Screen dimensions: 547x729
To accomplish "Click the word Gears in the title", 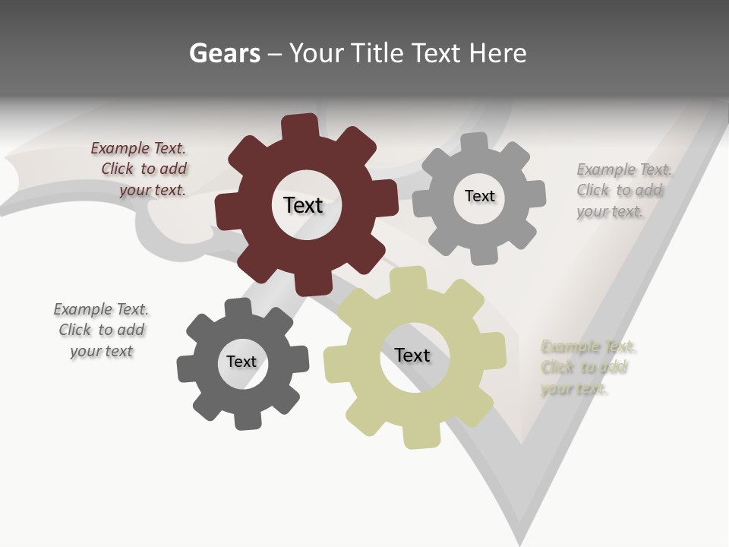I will tap(224, 54).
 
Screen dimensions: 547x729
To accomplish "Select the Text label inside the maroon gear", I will tap(303, 205).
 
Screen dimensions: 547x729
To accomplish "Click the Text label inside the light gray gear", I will tap(479, 196).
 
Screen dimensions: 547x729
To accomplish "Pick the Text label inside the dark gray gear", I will tap(241, 362).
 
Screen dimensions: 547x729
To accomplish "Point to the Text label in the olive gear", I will tap(412, 355).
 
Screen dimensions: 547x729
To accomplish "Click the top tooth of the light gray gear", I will tap(474, 144).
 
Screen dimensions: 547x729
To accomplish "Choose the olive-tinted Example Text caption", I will tap(585, 368).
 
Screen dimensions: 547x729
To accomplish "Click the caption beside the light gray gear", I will tap(620, 191).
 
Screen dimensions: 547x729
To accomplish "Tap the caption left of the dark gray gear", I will tap(101, 330).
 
